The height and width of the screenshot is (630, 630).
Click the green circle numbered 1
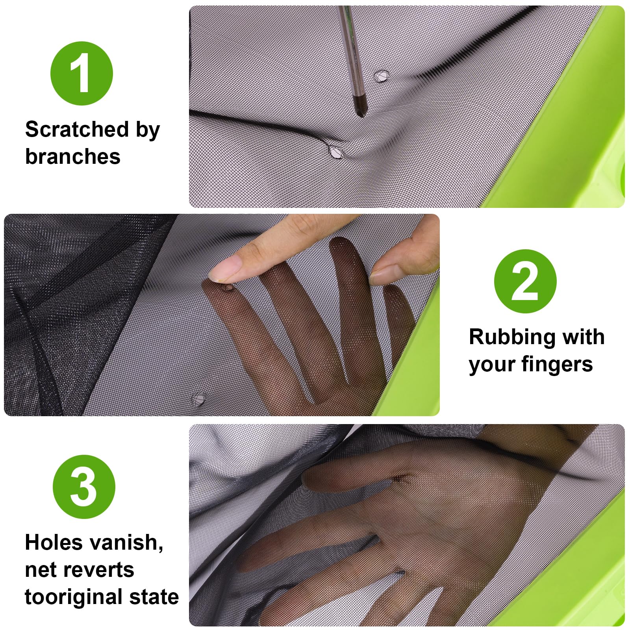(82, 74)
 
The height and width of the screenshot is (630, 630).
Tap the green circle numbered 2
(525, 281)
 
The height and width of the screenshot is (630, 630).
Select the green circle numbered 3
(84, 487)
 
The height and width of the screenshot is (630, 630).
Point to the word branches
(73, 156)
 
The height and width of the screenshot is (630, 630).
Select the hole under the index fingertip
(228, 288)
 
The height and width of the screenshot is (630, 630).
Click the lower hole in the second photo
(198, 399)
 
